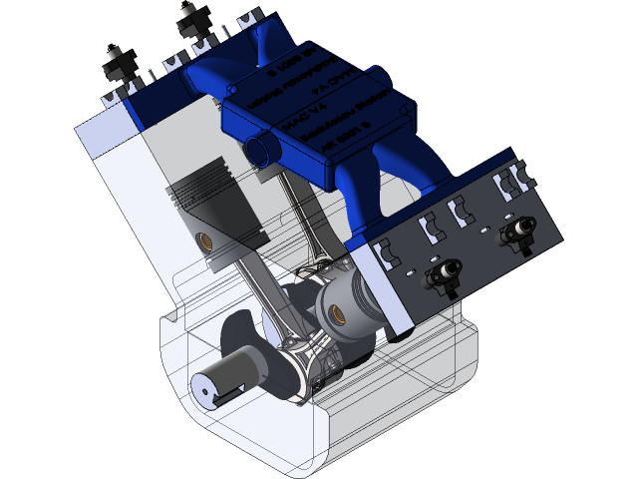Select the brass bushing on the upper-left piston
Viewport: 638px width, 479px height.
coord(204,240)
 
